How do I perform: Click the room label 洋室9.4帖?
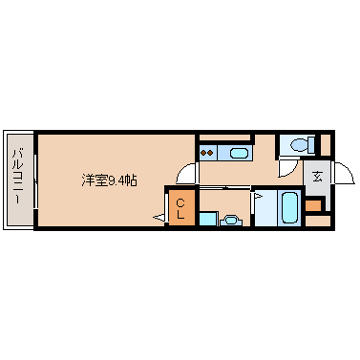coord(109,180)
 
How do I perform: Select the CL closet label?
coord(180,208)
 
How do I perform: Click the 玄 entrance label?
coord(317,177)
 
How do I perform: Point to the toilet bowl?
coord(299,145)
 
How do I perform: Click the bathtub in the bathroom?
coord(290,208)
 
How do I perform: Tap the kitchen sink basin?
coord(239,154)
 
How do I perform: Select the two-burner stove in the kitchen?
coord(207,153)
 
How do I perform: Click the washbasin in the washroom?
coord(230,220)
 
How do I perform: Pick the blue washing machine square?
coord(209,219)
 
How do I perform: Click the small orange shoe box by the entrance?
coord(313,205)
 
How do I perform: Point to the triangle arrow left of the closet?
coord(159,218)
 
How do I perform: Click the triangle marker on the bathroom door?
coord(258,196)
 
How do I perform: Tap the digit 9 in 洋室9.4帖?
coord(112,180)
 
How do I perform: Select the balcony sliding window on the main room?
coord(36,180)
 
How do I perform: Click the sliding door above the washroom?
coord(225,188)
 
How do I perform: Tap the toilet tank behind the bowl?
coord(311,145)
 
